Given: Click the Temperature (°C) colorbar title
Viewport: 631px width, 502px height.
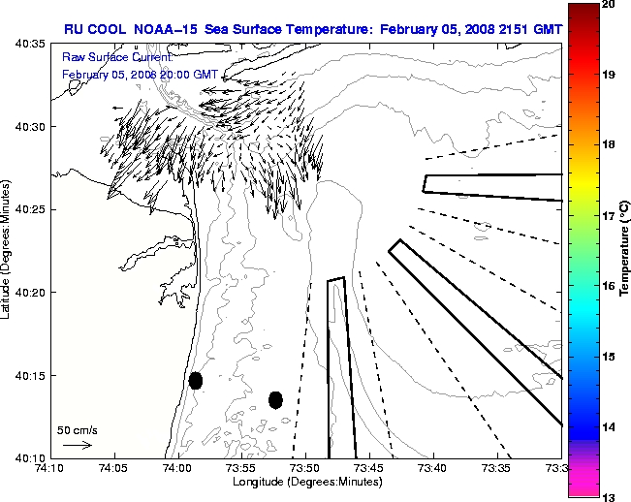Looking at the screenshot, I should (626, 251).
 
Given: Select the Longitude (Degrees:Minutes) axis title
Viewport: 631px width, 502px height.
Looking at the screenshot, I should (305, 482).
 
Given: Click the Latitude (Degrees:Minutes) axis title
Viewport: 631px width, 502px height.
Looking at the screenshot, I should (7, 251).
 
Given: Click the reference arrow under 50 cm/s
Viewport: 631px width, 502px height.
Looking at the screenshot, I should (78, 445).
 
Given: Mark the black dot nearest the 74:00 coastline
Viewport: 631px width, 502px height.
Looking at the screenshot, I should (196, 380).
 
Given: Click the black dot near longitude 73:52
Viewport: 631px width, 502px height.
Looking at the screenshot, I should (275, 399).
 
